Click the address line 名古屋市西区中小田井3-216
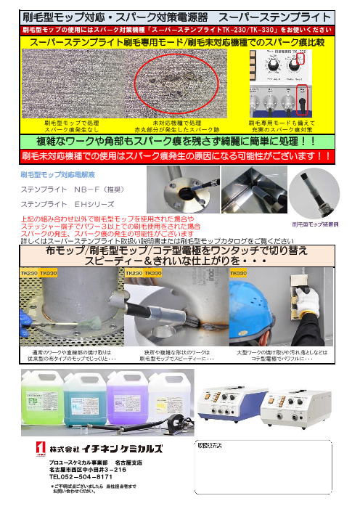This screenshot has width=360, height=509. point(83,470)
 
